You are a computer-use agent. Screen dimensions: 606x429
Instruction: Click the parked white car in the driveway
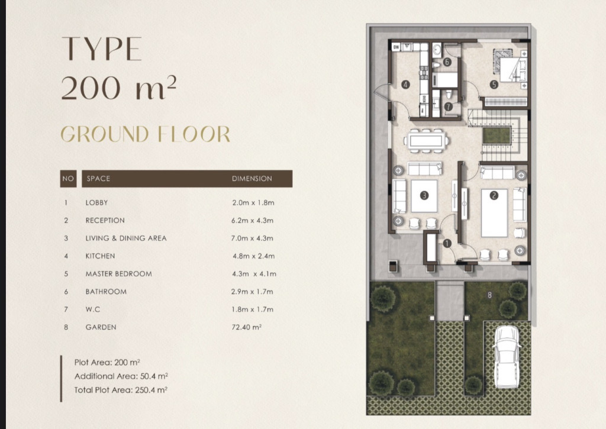click(506, 356)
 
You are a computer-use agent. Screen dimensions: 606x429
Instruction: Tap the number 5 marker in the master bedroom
click(494, 84)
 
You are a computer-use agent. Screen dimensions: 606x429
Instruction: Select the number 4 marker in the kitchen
click(405, 84)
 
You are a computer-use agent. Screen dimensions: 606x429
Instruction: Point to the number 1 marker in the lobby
click(447, 243)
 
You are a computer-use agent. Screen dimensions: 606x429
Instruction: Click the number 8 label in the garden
click(489, 295)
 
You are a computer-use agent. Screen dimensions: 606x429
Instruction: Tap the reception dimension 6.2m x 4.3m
click(252, 221)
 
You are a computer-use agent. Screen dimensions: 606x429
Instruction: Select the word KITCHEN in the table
click(100, 256)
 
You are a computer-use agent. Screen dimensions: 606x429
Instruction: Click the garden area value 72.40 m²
click(247, 327)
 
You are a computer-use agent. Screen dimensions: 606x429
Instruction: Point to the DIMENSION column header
click(252, 179)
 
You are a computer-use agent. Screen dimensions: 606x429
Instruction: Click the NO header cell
click(68, 179)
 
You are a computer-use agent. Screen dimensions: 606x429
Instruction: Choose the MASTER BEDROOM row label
click(118, 274)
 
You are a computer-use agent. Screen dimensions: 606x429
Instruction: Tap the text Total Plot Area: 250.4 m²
click(121, 390)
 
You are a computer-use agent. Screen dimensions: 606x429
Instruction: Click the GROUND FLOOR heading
click(146, 134)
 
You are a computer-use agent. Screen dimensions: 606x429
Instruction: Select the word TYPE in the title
click(102, 49)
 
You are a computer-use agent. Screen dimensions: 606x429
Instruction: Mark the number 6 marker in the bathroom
click(447, 62)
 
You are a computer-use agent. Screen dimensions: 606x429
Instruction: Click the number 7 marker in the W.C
click(449, 107)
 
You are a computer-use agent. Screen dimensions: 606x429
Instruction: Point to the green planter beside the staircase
click(497, 136)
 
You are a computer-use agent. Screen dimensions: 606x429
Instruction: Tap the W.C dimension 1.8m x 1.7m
click(252, 309)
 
